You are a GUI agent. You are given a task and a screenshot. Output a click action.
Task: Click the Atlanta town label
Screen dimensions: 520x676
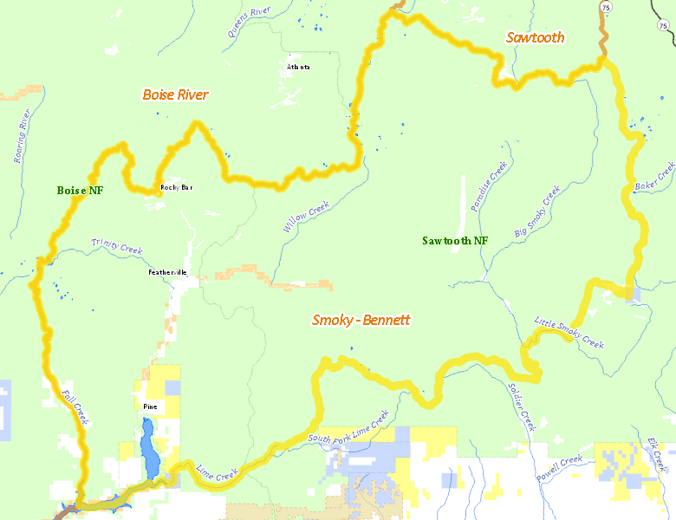(298, 67)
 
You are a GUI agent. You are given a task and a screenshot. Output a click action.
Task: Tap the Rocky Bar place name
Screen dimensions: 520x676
(175, 187)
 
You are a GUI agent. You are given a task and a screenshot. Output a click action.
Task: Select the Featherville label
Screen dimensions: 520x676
(167, 272)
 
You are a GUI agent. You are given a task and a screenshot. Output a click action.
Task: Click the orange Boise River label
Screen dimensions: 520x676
(175, 94)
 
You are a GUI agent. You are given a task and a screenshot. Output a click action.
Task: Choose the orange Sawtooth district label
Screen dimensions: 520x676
(535, 37)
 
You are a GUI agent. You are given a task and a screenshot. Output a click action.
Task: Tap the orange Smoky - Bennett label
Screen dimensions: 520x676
(361, 320)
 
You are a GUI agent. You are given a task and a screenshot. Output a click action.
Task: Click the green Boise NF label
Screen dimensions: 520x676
(80, 190)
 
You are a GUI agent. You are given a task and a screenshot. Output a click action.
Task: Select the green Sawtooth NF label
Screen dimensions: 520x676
(455, 240)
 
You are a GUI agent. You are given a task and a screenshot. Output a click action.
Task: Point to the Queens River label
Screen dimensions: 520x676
(250, 22)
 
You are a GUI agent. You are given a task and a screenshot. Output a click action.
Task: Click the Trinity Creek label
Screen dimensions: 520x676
(117, 248)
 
